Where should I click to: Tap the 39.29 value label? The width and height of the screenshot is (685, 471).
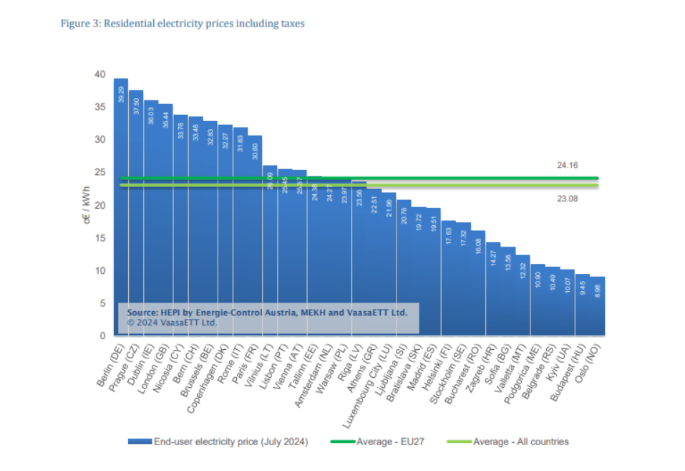click(121, 94)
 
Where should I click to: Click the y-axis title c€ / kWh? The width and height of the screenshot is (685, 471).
click(87, 206)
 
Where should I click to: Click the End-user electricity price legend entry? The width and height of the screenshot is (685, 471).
click(218, 442)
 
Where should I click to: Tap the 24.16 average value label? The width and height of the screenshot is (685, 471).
click(567, 166)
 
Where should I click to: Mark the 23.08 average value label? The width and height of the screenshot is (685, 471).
click(567, 199)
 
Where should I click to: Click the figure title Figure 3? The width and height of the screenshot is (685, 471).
click(182, 24)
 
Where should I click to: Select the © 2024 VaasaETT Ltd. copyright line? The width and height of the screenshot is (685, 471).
click(172, 323)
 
